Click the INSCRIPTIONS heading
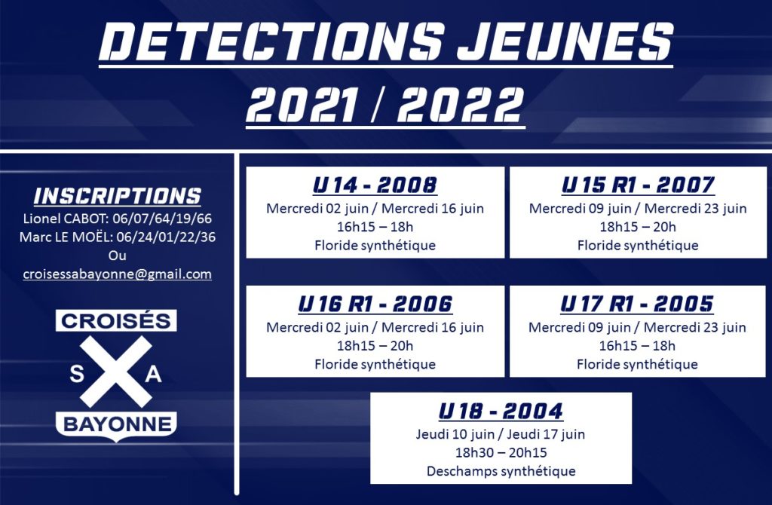(x=118, y=195)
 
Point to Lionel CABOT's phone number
(x=162, y=218)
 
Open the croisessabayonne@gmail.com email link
(x=117, y=274)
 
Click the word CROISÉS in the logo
(x=116, y=321)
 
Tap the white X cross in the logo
(x=116, y=372)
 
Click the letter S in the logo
(x=76, y=374)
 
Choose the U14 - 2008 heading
(x=375, y=185)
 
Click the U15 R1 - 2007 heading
(x=638, y=185)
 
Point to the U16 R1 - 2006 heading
(x=375, y=305)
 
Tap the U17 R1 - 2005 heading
(x=637, y=305)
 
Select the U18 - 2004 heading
(x=501, y=411)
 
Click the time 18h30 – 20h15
(x=501, y=452)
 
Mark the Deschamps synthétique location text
(x=501, y=471)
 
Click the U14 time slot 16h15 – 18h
(x=375, y=227)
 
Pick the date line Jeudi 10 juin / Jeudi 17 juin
(x=501, y=434)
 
